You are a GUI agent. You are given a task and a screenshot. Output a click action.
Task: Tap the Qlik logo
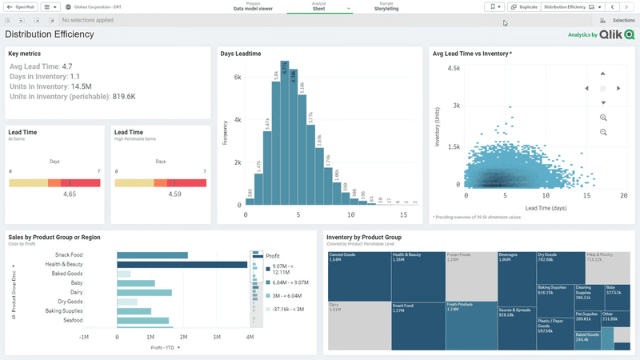point(618,35)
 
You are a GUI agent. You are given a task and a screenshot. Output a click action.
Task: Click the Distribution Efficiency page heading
point(50,34)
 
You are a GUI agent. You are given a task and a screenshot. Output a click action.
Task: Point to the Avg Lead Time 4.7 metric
point(41,66)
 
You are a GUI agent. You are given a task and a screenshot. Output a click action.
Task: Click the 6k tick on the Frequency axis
point(237,78)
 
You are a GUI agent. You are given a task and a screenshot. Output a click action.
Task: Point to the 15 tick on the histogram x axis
point(404,215)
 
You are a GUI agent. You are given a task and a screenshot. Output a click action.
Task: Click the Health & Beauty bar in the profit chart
point(182,265)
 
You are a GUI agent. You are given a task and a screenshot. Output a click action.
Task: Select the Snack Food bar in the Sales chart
point(152,255)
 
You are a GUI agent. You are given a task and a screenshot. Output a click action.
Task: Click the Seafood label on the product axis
point(73,321)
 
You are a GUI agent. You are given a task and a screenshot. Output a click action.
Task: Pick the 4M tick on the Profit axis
point(250,338)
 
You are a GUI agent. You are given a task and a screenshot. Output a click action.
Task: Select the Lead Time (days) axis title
point(548,208)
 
